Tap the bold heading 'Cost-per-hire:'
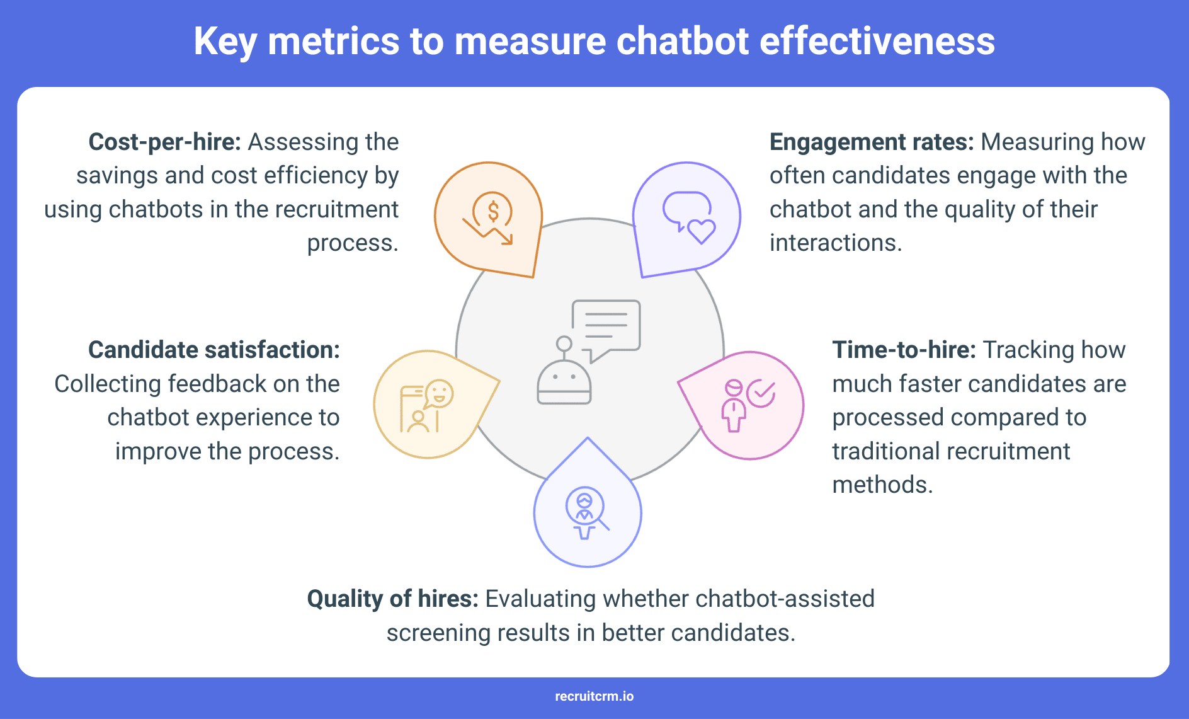click(x=164, y=142)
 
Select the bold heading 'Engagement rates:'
click(x=872, y=142)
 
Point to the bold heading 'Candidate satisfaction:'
click(x=213, y=350)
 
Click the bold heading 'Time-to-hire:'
click(x=904, y=350)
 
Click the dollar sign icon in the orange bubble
click(x=493, y=211)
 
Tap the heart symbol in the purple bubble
click(x=701, y=231)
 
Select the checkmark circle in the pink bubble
click(x=761, y=394)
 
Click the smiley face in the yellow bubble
click(x=440, y=394)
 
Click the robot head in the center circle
click(x=564, y=382)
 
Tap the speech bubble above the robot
click(x=606, y=325)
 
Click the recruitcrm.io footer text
click(x=594, y=696)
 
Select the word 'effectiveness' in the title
click(x=877, y=42)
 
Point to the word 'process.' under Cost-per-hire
click(x=353, y=243)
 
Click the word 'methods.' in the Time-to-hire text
click(x=882, y=485)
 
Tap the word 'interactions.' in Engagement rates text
click(x=836, y=243)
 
